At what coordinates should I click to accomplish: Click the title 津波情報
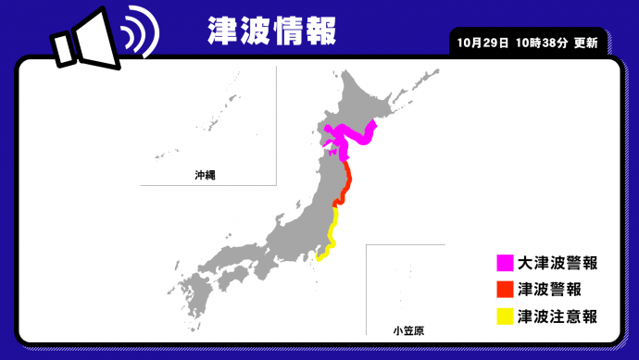point(269,29)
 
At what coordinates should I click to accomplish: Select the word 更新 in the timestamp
point(585,43)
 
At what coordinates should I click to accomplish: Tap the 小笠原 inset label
point(405,329)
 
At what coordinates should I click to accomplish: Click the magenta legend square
point(505,264)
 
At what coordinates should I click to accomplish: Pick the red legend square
point(505,290)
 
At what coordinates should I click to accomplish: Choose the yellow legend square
point(505,317)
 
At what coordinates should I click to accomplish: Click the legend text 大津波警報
point(558,264)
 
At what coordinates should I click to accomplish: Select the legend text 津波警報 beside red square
point(550,290)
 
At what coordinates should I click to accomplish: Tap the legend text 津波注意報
point(558,317)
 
